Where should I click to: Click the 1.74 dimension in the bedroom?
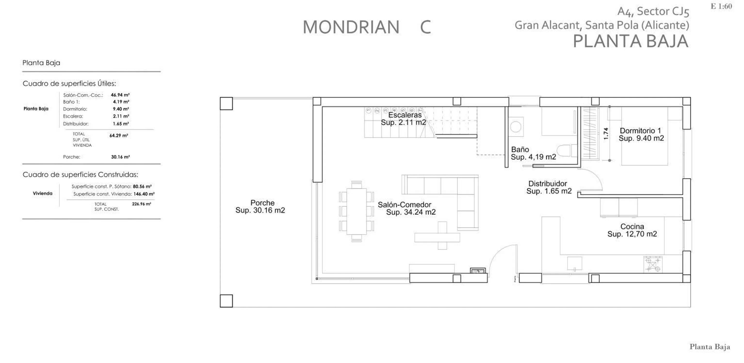pos(606,134)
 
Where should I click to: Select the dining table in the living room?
pos(356,211)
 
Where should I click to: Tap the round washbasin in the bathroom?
pos(516,127)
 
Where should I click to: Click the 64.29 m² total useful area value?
pos(119,136)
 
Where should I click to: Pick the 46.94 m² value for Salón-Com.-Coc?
pos(120,95)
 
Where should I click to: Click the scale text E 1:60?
pos(721,6)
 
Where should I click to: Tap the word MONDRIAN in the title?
pos(351,27)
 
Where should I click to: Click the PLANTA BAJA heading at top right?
pos(631,41)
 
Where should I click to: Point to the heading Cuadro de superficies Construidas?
pos(80,175)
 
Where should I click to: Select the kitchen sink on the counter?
pos(574,264)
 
